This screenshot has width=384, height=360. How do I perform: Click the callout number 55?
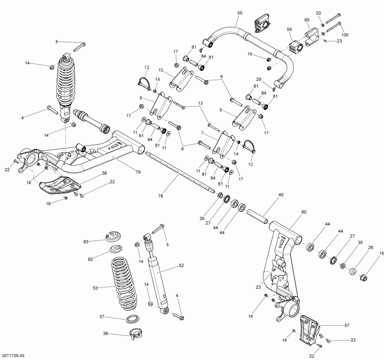(x=239, y=13)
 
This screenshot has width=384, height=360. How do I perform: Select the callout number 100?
(x=345, y=35)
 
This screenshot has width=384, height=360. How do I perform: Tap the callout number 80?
(x=303, y=212)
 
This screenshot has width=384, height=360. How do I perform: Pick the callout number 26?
(x=370, y=247)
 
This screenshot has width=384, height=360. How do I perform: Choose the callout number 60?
(x=307, y=20)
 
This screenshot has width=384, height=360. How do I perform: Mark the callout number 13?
(x=201, y=103)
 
